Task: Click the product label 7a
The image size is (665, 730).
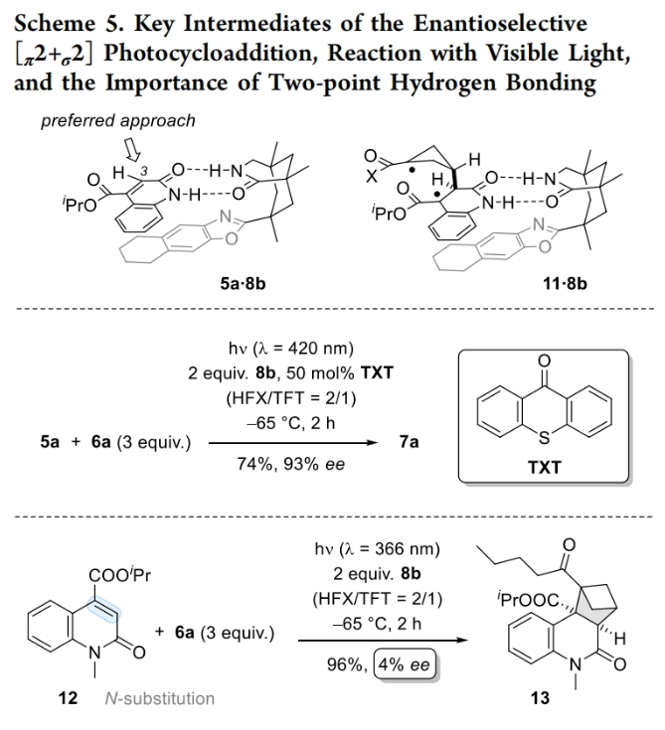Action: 409,442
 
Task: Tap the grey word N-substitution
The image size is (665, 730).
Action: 159,698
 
